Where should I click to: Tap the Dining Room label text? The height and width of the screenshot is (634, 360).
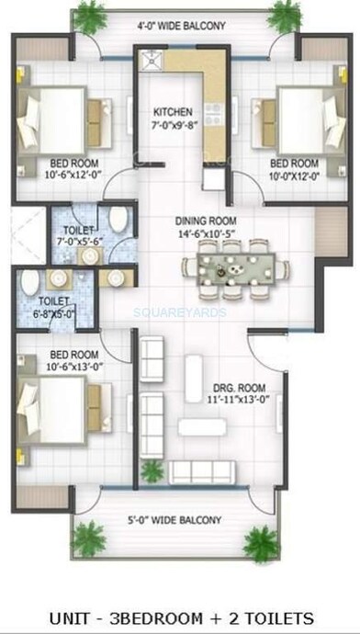207,221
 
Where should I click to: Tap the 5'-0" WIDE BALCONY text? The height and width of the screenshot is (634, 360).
175,520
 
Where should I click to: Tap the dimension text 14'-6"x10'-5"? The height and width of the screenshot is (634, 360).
207,232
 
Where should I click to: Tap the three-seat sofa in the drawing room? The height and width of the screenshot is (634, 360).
204,472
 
